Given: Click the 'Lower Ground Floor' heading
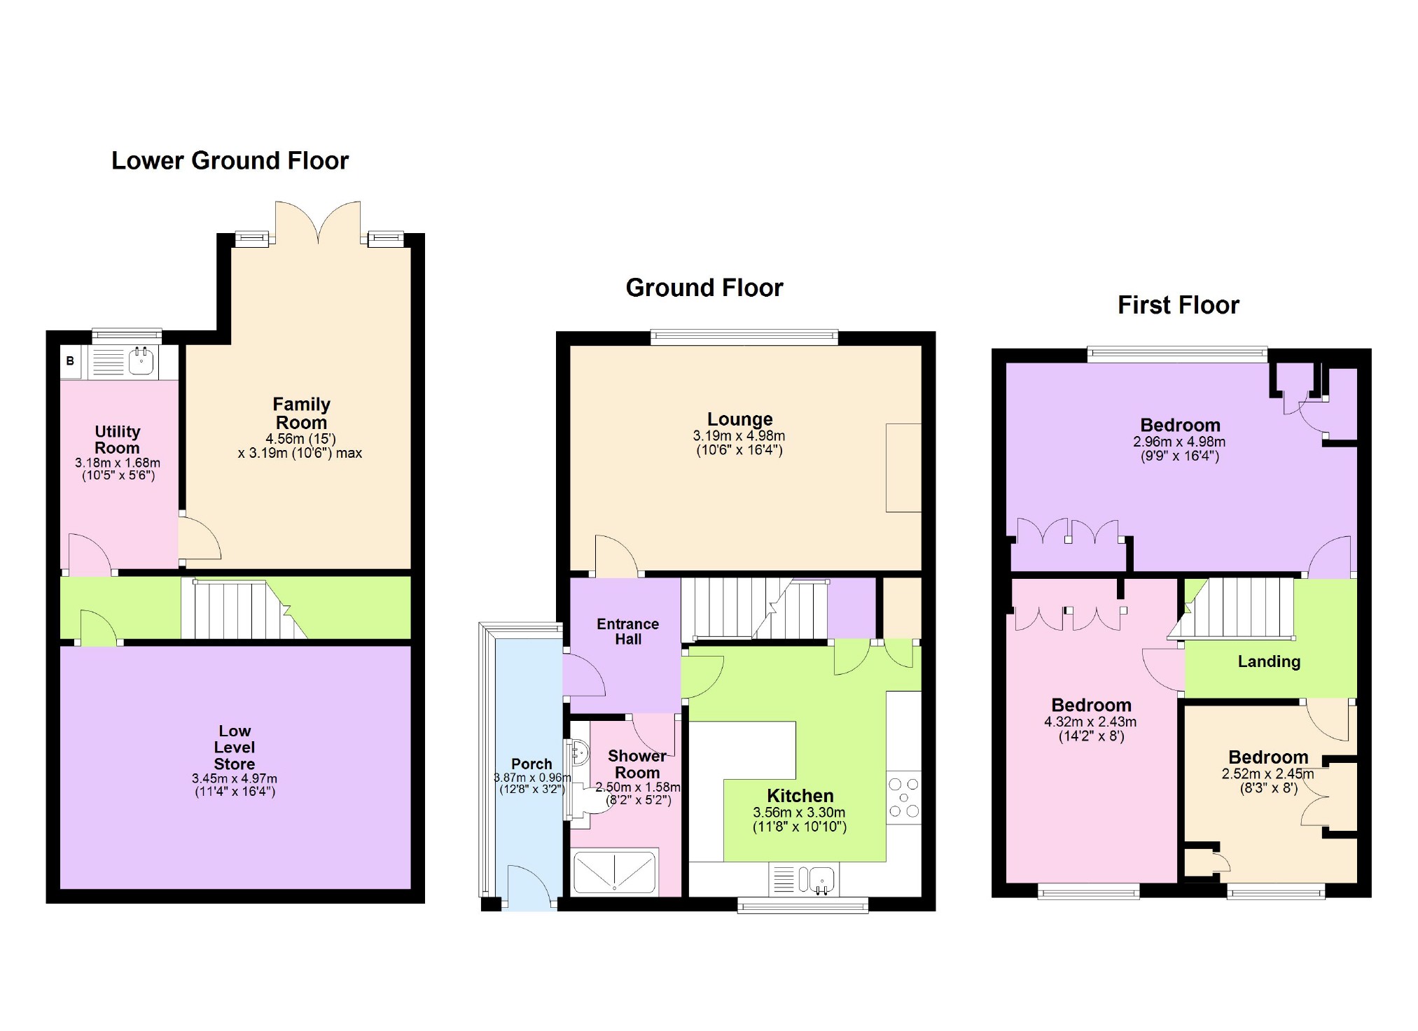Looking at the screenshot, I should pyautogui.click(x=230, y=161).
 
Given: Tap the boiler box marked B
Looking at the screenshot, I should pyautogui.click(x=70, y=361).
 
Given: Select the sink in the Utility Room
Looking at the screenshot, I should pyautogui.click(x=141, y=361).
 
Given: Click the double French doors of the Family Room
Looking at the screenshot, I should pyautogui.click(x=318, y=223).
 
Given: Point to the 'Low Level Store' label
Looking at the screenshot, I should pyautogui.click(x=234, y=748).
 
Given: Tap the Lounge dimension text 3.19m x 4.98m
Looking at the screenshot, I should pyautogui.click(x=739, y=435).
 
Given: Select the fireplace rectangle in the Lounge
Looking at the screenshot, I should pyautogui.click(x=903, y=468).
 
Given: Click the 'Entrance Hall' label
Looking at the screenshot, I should pyautogui.click(x=627, y=631).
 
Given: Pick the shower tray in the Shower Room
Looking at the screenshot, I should pyautogui.click(x=615, y=872).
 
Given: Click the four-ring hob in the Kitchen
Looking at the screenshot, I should pyautogui.click(x=903, y=798).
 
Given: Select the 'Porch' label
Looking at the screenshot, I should pyautogui.click(x=531, y=764).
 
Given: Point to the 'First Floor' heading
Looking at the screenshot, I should pyautogui.click(x=1178, y=305).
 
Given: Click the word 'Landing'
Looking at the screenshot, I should pyautogui.click(x=1269, y=661).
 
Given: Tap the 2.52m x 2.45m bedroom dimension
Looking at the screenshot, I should pyautogui.click(x=1267, y=774).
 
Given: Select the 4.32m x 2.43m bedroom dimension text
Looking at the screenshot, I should pyautogui.click(x=1090, y=722).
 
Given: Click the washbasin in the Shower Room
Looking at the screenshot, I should pyautogui.click(x=580, y=753).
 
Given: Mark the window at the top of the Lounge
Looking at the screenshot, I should pyautogui.click(x=744, y=337).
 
